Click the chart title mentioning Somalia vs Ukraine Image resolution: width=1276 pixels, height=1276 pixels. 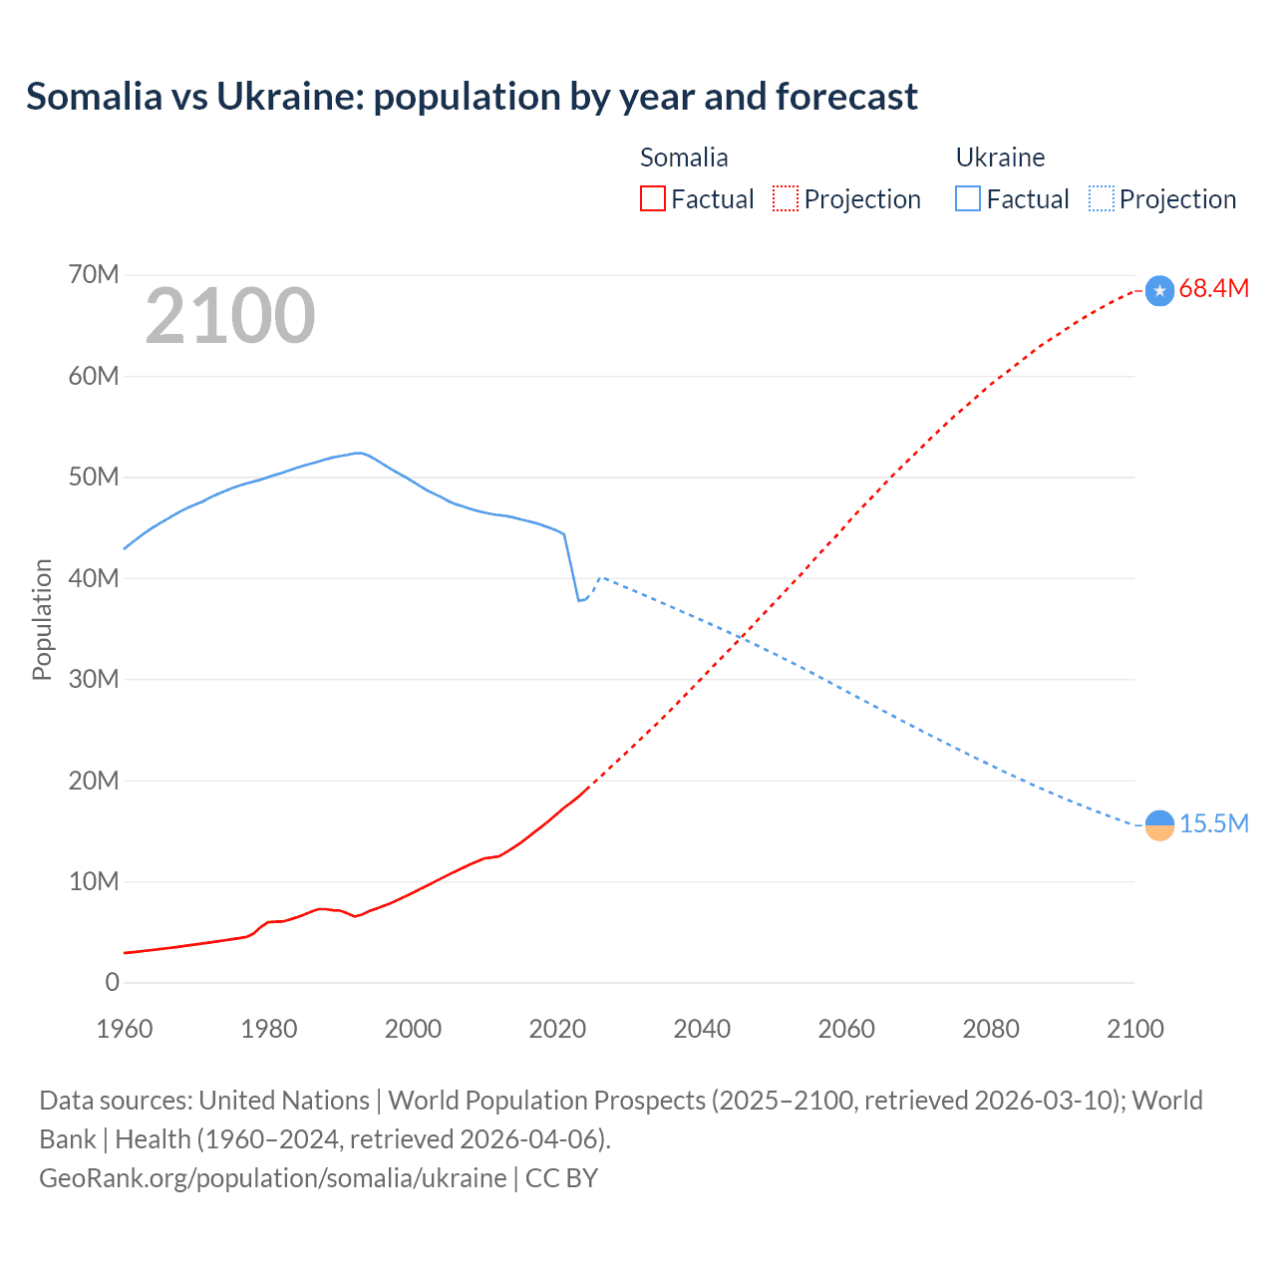click(x=472, y=97)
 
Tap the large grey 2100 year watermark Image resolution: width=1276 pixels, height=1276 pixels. click(x=230, y=316)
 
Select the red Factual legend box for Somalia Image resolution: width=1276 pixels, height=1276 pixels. click(x=652, y=198)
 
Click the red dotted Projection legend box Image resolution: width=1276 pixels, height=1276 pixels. click(x=786, y=198)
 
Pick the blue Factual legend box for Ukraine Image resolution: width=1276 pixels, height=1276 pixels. click(x=968, y=198)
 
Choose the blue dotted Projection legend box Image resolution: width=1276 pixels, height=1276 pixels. click(x=1101, y=198)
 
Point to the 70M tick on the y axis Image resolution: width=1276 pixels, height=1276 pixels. click(x=94, y=274)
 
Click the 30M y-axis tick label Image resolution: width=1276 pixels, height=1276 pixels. click(x=94, y=679)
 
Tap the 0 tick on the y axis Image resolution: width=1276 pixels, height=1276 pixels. click(x=112, y=982)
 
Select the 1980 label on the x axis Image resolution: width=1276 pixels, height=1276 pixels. click(x=269, y=1029)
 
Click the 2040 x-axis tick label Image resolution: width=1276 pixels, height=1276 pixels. click(x=702, y=1029)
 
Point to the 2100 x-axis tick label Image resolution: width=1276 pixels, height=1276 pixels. click(x=1134, y=1029)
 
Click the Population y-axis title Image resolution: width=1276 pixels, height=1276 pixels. click(x=42, y=619)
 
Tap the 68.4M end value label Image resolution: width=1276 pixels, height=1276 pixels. click(x=1213, y=289)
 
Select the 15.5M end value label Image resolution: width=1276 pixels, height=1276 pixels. click(x=1213, y=823)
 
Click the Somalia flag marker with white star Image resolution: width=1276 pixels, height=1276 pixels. click(x=1159, y=291)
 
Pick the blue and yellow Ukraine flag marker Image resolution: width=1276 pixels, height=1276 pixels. click(x=1159, y=825)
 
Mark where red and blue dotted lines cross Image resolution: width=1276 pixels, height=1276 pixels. click(x=743, y=636)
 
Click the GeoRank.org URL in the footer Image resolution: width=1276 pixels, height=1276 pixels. click(x=272, y=1177)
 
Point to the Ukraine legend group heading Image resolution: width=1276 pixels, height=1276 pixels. click(x=1000, y=158)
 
